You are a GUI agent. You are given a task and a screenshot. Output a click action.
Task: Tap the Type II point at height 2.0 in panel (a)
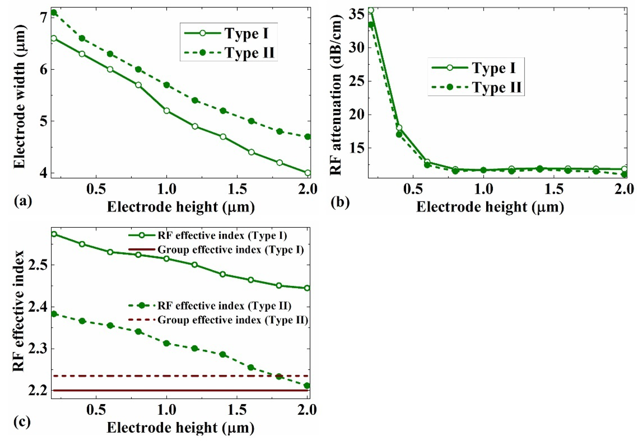click(x=307, y=137)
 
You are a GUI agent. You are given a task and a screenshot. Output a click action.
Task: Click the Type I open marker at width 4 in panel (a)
click(x=307, y=173)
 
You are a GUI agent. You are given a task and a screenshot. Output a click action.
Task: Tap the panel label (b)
click(x=340, y=202)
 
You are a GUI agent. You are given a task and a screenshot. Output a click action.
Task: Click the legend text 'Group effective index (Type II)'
click(x=233, y=320)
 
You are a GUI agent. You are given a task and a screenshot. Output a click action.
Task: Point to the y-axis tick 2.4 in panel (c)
click(x=39, y=307)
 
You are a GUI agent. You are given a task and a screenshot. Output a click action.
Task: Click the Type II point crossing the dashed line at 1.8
click(x=279, y=376)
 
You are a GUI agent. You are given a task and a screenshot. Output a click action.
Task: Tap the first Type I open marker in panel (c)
click(x=54, y=234)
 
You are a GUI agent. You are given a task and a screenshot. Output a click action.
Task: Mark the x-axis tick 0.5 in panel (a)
click(x=96, y=190)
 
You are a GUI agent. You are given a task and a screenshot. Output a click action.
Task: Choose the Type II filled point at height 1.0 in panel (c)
click(x=166, y=343)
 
